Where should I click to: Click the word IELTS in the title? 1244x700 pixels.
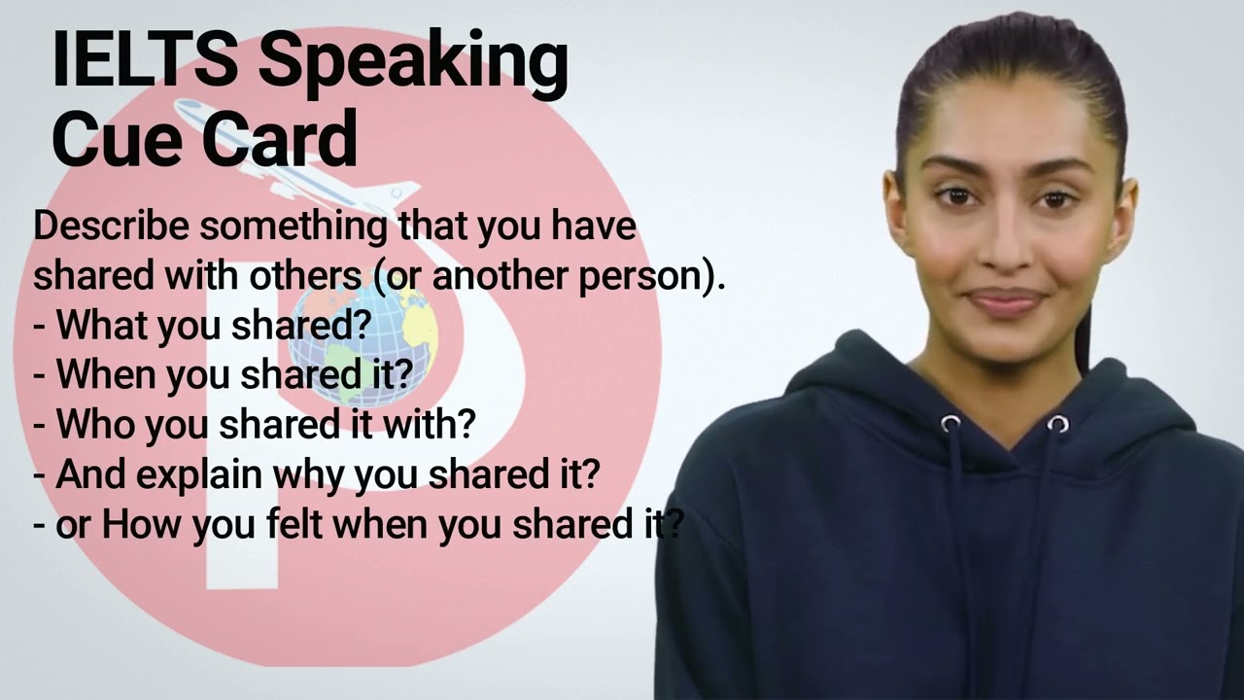pos(145,60)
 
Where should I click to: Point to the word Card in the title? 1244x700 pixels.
pos(279,138)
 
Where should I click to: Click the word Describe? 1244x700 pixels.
pos(112,226)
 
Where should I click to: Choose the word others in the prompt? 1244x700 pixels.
pos(304,276)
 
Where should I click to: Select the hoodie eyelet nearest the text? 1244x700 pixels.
pos(950,424)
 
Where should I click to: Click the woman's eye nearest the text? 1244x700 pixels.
pos(955,195)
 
